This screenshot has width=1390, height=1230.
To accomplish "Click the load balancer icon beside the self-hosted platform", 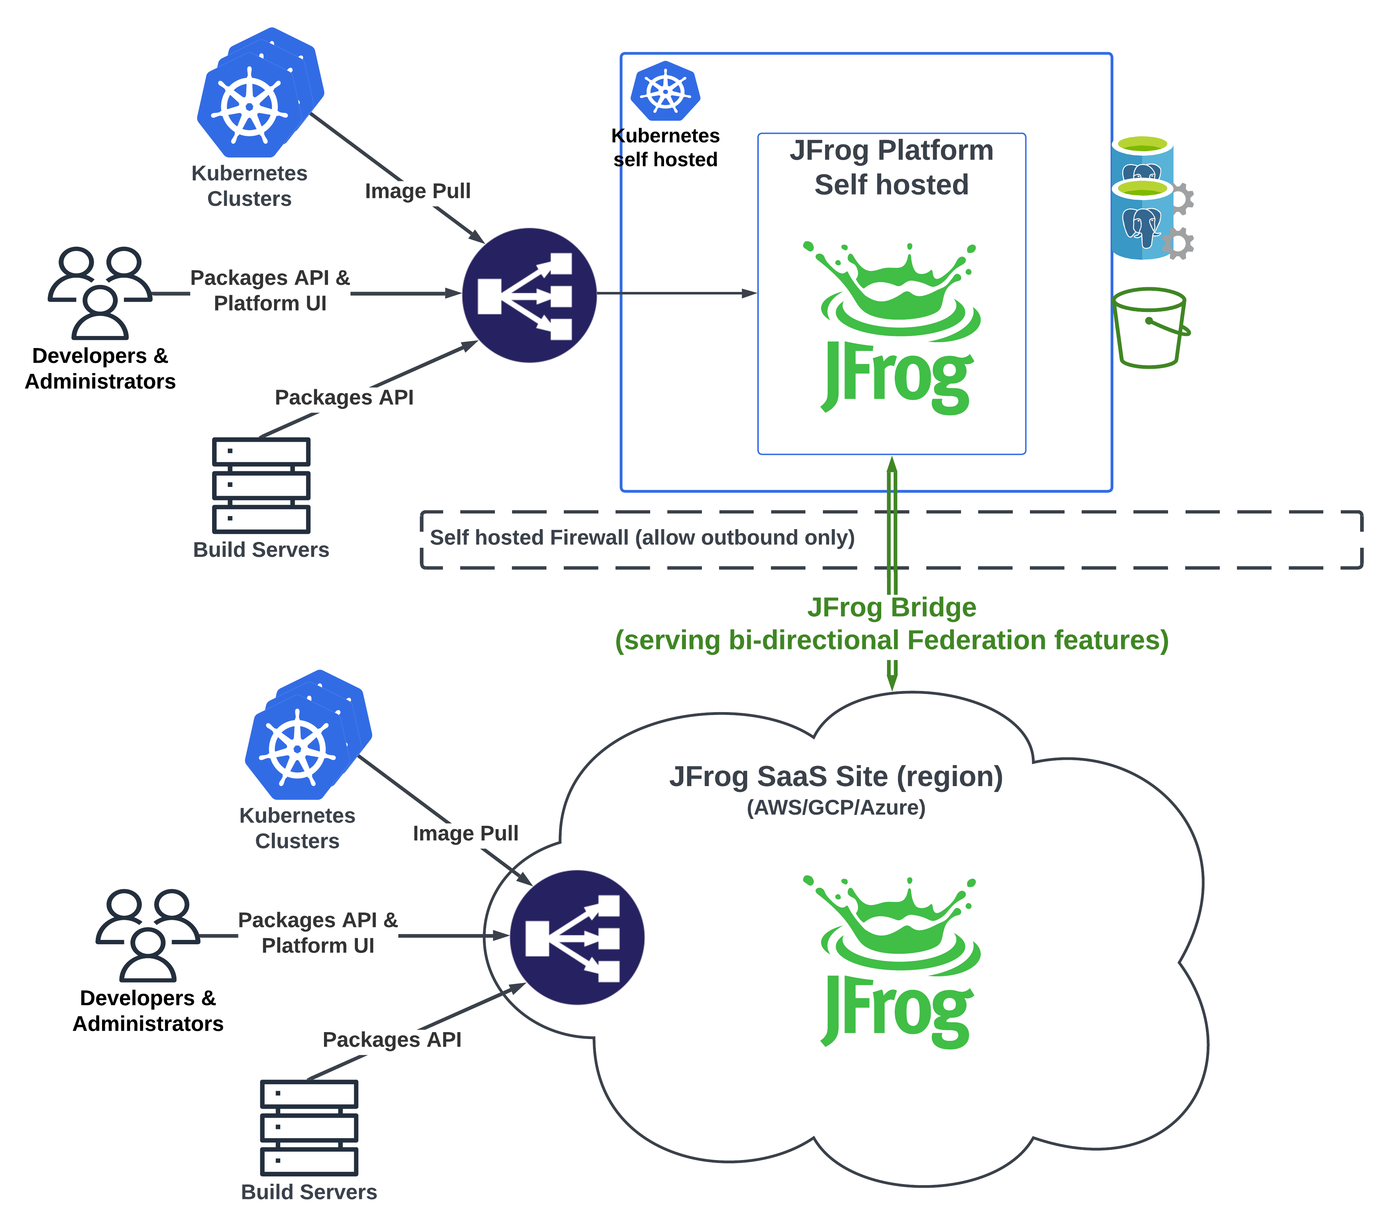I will click(529, 295).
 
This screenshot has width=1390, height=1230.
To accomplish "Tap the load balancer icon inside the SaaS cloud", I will click(577, 937).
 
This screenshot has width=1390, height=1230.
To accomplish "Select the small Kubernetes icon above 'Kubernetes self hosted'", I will click(665, 91).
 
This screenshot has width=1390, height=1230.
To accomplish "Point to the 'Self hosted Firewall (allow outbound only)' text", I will click(642, 538).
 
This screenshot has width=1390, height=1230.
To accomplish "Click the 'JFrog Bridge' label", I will click(891, 607).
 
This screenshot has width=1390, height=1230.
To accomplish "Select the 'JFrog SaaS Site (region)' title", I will click(836, 777).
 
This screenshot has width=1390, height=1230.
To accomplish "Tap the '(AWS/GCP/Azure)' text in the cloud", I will click(836, 808).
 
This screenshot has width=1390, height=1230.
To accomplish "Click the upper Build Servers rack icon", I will click(261, 485).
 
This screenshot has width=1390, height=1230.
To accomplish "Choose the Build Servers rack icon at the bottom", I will click(309, 1127).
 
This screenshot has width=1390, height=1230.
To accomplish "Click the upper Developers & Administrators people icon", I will click(100, 292).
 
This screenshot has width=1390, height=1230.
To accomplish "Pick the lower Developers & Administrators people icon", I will click(148, 935).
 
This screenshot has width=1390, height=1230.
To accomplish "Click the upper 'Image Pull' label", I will click(418, 191).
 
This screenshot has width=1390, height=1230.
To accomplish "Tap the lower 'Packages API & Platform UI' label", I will click(317, 933).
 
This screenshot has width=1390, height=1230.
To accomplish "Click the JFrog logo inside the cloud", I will click(896, 962).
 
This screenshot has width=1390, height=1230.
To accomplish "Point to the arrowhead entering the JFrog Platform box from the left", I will click(748, 294).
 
